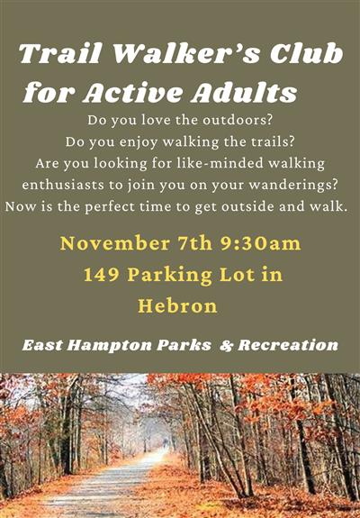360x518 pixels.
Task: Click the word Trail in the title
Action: [x=58, y=55]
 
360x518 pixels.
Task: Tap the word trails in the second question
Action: [x=271, y=142]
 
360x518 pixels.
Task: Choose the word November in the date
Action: [x=111, y=244]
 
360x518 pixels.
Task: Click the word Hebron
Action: [x=177, y=305]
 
